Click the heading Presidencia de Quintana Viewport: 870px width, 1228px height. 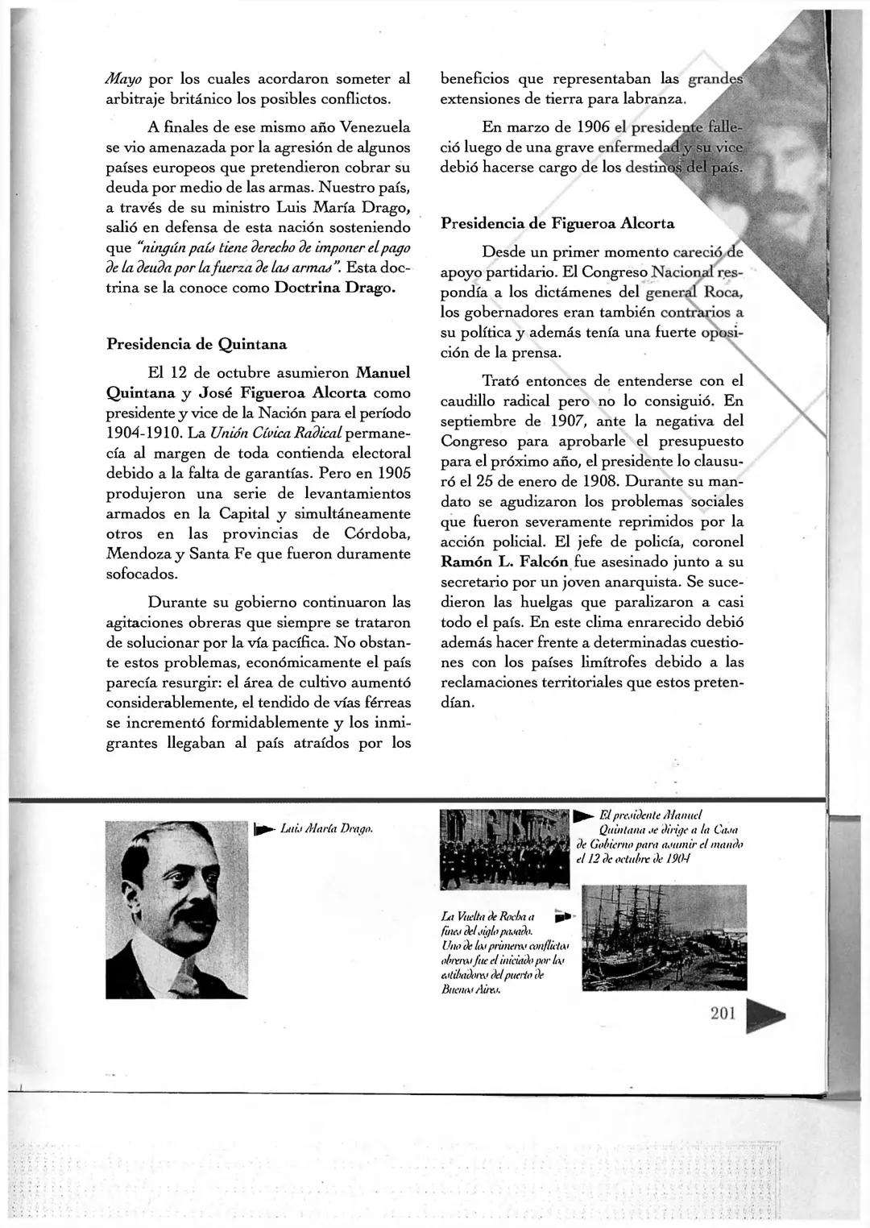pyautogui.click(x=197, y=344)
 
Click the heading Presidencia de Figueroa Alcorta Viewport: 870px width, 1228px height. pyautogui.click(x=557, y=223)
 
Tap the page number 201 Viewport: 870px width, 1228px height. pyautogui.click(x=723, y=1013)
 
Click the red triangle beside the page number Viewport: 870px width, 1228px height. pyautogui.click(x=763, y=1016)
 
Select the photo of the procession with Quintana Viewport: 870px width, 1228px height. pyautogui.click(x=504, y=839)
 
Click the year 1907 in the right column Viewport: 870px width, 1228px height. pyautogui.click(x=572, y=421)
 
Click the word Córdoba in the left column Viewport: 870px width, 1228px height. pyautogui.click(x=377, y=534)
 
